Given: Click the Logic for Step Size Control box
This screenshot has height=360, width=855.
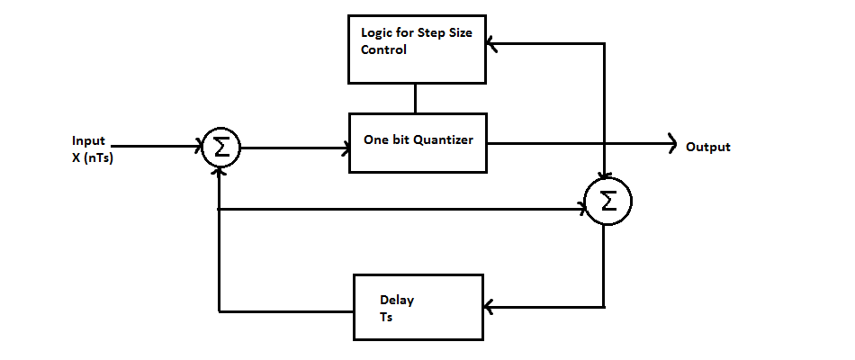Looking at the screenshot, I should pos(416,48).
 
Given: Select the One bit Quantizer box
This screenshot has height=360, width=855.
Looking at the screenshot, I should pos(417,141).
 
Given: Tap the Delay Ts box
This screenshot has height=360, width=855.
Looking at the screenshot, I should pos(418,306).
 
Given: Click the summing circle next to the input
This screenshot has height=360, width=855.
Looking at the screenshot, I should pos(220,148).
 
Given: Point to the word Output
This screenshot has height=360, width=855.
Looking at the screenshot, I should pos(707,147).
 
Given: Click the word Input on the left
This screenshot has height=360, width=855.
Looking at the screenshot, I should pos(88,141).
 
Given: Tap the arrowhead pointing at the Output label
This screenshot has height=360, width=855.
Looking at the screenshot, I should pos(671,143).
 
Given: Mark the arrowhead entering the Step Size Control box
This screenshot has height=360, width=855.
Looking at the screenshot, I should pos(490,41).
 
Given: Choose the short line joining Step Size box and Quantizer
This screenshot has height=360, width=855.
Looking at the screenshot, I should pos(414,98).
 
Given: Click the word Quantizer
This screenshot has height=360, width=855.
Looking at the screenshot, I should pos(443,140).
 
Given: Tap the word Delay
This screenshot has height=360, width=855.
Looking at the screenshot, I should pos(397,300).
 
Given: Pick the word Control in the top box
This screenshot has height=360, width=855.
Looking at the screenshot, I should pos(384,50).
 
